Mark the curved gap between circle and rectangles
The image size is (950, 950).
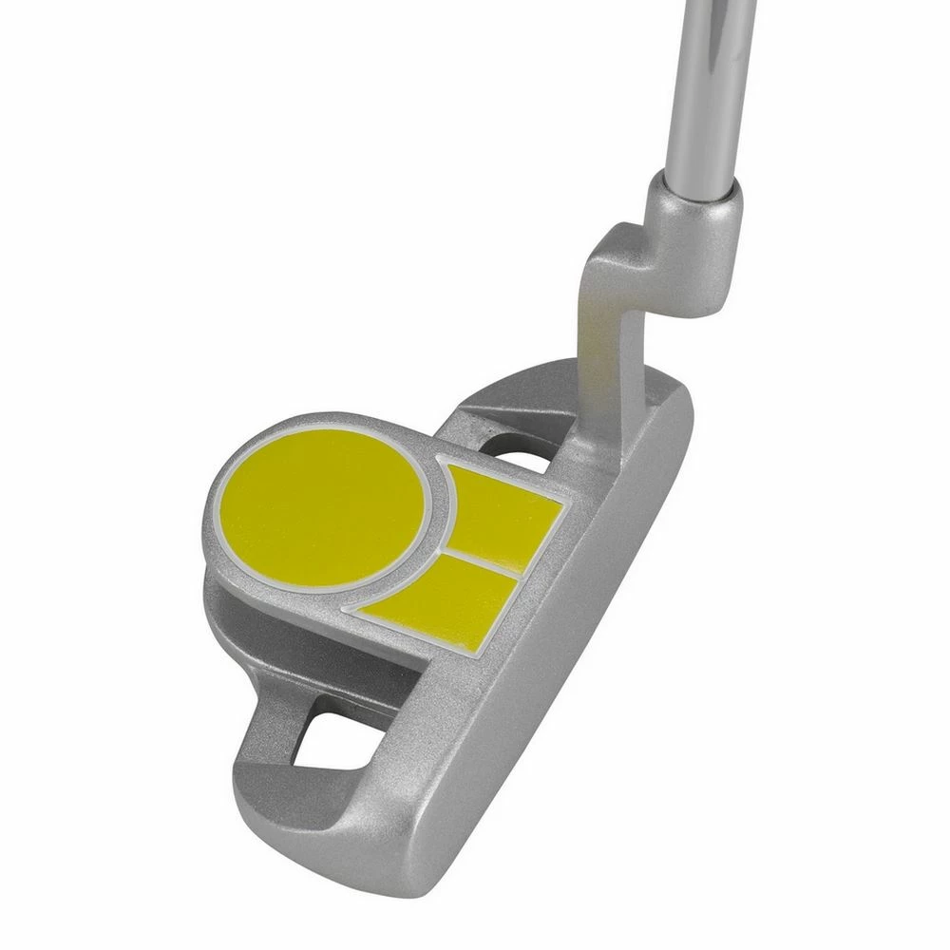click(x=439, y=532)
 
